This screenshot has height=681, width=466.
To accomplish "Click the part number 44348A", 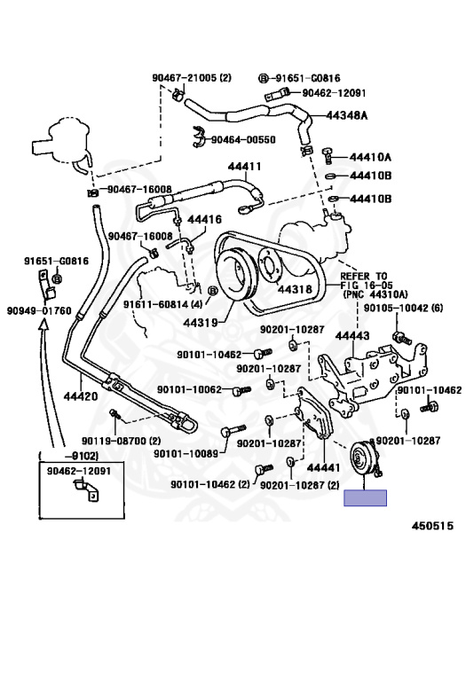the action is [346, 115].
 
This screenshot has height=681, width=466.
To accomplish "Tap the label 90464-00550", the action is [243, 139].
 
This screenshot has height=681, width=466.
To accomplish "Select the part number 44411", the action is [245, 166].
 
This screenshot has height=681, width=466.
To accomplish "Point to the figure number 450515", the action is [432, 526].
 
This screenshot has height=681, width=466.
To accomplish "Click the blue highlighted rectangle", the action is [365, 497].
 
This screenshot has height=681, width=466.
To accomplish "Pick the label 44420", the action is [81, 395].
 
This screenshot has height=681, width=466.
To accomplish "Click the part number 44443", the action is [352, 335].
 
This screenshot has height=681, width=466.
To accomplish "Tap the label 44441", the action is [323, 467].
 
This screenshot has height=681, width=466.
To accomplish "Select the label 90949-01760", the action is [39, 310].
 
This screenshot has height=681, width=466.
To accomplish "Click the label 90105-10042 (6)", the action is [403, 308].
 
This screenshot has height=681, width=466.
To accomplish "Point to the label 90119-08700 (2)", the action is [122, 441].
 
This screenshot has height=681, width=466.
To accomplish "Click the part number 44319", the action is [200, 323].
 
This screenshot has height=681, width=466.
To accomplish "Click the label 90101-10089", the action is [186, 454].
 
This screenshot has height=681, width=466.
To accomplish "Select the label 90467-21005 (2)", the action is [192, 78].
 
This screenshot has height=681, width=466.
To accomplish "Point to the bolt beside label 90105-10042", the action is [402, 338].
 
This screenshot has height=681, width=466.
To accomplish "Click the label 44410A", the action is [371, 156].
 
